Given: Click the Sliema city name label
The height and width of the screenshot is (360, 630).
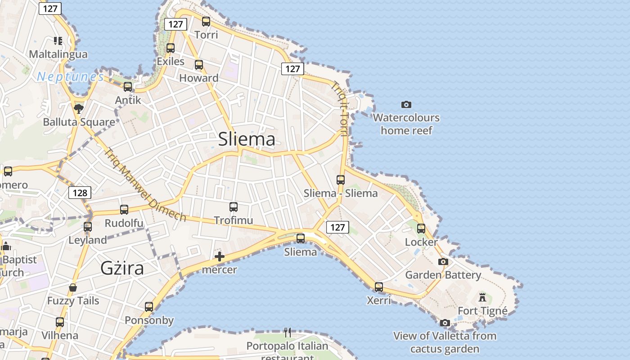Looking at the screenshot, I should click(247, 139).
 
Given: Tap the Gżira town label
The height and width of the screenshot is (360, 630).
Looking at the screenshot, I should click(122, 268).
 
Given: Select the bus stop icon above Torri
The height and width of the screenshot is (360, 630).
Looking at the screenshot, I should click(206, 21).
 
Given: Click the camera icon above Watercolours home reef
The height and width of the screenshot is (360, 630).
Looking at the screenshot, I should click(406, 105).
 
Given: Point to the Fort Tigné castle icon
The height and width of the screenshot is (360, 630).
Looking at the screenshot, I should click(482, 297).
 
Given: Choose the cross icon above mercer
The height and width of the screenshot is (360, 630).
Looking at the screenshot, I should click(220, 257).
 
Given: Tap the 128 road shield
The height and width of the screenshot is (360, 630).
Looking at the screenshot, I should click(80, 193).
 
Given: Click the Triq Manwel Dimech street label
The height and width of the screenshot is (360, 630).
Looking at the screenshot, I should click(145, 184).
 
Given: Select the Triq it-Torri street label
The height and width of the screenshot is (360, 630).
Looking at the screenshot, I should click(341, 108).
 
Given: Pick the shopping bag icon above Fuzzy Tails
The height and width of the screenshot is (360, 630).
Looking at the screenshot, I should click(73, 288).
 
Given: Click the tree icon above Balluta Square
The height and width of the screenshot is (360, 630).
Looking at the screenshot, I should click(79, 108).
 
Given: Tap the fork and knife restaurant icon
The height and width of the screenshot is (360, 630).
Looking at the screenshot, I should click(288, 333).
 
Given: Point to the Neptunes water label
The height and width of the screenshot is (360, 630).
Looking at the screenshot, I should click(70, 76).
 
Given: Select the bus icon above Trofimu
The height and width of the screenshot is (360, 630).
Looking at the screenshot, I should click(234, 207).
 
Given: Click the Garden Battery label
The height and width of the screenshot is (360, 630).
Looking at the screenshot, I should click(443, 274).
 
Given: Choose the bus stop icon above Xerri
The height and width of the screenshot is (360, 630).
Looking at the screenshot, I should click(379, 287).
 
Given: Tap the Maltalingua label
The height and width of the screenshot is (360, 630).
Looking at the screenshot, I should click(58, 54).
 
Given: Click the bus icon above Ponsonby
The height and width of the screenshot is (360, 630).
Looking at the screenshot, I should click(149, 307).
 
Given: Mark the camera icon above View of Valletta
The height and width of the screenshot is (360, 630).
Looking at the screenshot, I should click(445, 323).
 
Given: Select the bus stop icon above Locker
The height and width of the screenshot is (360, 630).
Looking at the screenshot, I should click(421, 229).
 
